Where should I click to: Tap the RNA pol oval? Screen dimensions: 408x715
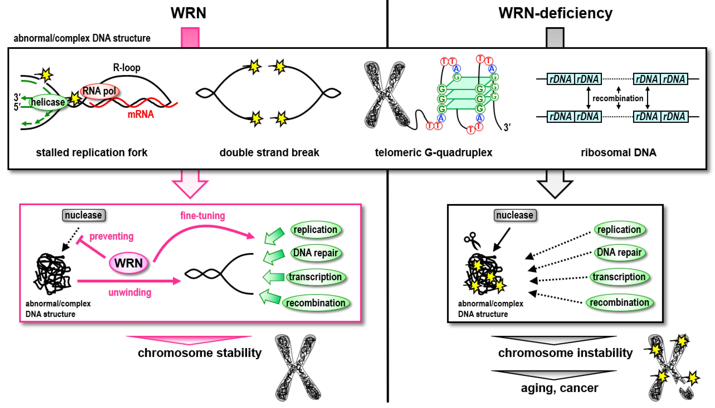pos(99,91)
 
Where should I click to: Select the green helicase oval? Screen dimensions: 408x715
pos(48,102)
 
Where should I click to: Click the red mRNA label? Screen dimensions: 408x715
pos(141,114)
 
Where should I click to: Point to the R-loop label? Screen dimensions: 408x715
pos(127,68)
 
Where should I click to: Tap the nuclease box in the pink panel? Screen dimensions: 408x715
pos(83,215)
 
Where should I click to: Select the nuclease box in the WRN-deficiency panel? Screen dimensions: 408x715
pos(515,215)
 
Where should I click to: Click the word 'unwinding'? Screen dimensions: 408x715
pos(130,293)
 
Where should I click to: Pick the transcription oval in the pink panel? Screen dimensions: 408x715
pos(315,277)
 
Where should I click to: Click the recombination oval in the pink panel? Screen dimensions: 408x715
pos(315,303)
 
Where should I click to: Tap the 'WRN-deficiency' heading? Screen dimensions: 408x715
pos(555,13)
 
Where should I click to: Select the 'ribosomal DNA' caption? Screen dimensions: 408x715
pos(618,153)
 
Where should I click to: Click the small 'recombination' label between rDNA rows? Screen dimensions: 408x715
pos(618,98)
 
